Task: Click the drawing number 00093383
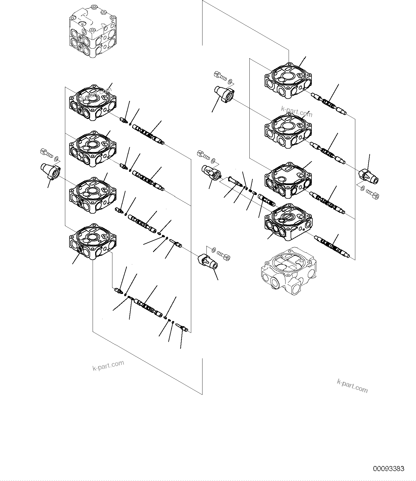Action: point(389,469)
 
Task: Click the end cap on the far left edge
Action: point(51,171)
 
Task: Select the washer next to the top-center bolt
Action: point(230,81)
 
